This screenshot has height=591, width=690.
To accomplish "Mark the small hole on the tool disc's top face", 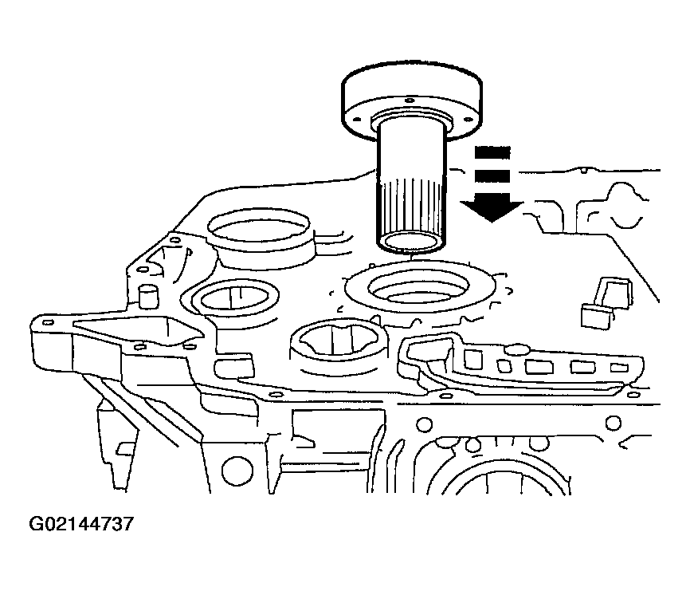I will (410, 100).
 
